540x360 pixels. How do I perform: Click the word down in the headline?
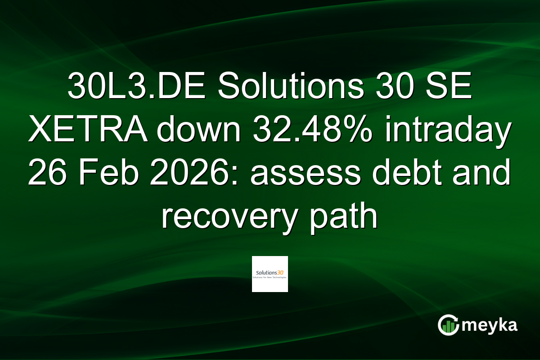(195, 131)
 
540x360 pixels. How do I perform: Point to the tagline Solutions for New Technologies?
(270, 278)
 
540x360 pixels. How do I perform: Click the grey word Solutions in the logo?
(266, 273)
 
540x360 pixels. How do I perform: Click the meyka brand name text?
(490, 325)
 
